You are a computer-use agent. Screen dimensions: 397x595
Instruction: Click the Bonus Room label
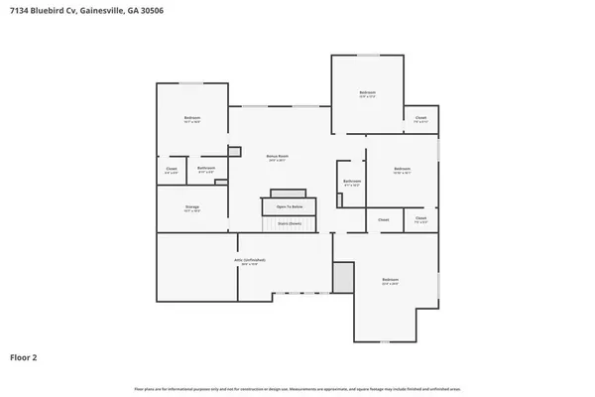(277, 156)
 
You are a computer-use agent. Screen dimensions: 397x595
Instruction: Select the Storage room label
(191, 207)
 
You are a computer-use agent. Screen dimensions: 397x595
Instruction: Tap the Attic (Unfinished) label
(249, 261)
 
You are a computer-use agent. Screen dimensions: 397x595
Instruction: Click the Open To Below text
(290, 206)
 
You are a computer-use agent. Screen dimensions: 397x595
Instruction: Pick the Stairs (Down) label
(289, 223)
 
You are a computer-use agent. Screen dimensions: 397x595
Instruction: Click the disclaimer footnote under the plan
(297, 387)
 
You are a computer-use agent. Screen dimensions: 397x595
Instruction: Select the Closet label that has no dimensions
(384, 219)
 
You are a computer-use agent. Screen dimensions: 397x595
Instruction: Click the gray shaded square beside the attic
(343, 277)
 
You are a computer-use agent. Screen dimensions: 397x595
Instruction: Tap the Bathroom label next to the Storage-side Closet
(206, 169)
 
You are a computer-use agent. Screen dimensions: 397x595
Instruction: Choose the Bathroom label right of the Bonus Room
(352, 182)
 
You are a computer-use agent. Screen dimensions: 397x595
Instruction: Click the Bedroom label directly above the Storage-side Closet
(191, 119)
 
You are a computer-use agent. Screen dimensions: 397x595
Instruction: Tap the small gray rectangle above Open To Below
(289, 193)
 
